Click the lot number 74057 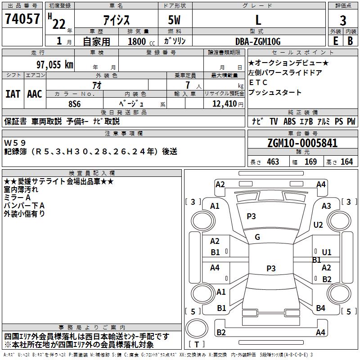click(22, 18)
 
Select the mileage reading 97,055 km click(55, 64)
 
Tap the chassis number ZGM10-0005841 click(302, 143)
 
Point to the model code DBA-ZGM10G click(258, 41)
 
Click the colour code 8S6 click(75, 104)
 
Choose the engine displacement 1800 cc click(141, 41)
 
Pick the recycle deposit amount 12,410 click(225, 104)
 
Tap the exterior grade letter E click(336, 41)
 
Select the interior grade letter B click(350, 41)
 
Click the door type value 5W click(174, 20)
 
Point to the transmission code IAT click(13, 94)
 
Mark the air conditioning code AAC click(35, 94)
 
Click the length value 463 click(273, 162)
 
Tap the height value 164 click(346, 162)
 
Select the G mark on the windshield click(257, 237)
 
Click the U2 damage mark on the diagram click(318, 225)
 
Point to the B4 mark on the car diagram click(320, 308)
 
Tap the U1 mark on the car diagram click(327, 252)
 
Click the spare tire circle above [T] click(197, 328)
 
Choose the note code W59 click(15, 143)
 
